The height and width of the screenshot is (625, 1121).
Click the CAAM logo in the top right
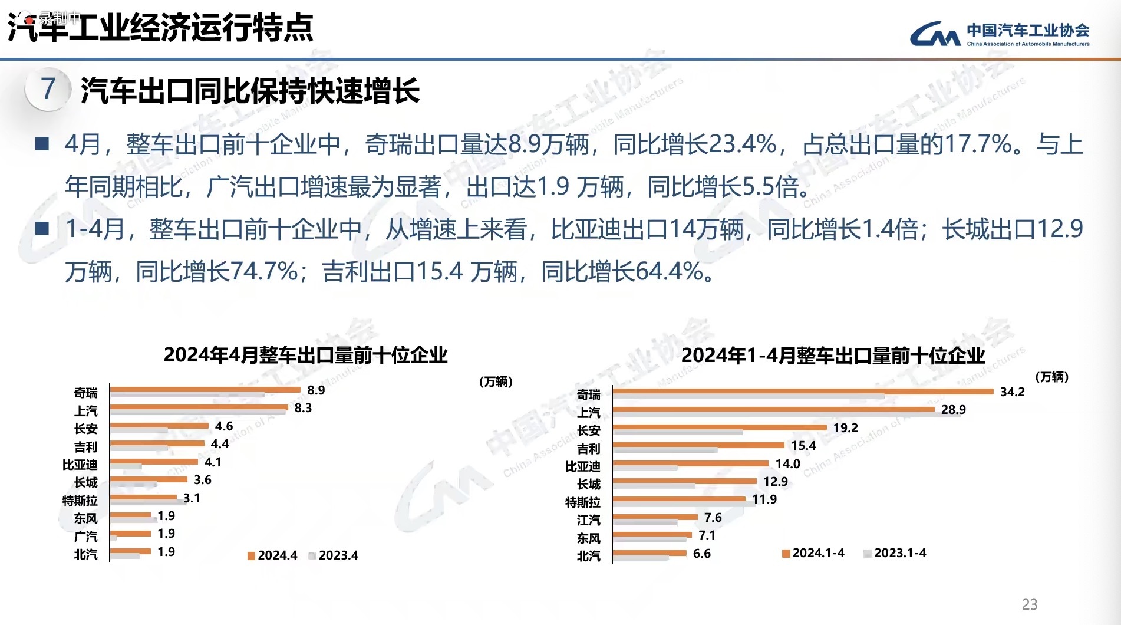click(999, 34)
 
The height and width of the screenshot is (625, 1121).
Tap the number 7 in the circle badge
click(48, 89)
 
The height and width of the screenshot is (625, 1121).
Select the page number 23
click(1030, 604)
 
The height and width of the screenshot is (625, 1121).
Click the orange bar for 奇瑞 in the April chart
click(205, 389)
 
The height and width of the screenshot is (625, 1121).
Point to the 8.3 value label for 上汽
click(303, 408)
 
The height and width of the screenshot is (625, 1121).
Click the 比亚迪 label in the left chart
click(80, 465)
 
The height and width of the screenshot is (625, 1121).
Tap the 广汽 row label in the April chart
click(86, 537)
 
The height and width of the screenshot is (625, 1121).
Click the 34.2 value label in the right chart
click(1012, 392)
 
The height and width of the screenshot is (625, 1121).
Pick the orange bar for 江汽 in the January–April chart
click(655, 517)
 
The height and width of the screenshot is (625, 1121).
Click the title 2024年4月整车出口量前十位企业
click(305, 355)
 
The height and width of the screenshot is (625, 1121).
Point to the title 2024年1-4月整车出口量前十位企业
click(833, 356)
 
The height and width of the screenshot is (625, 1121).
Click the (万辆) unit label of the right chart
click(1051, 377)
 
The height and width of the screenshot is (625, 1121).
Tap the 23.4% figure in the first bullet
click(742, 144)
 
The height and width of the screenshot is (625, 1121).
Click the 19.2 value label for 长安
click(845, 428)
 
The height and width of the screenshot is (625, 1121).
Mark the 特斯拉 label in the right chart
click(583, 502)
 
